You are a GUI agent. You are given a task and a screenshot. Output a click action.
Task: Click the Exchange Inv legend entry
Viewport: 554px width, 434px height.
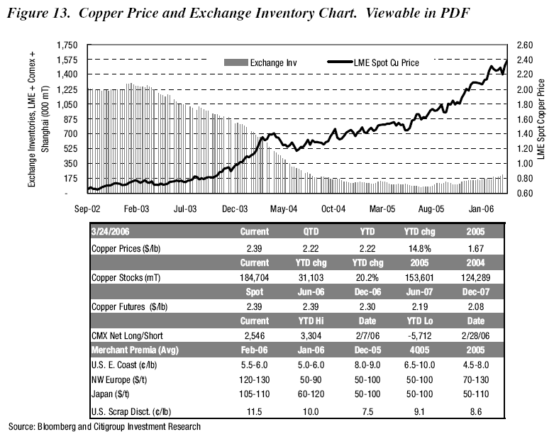point(272,62)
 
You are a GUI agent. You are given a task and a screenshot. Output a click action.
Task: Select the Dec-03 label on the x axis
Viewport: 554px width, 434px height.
point(235,209)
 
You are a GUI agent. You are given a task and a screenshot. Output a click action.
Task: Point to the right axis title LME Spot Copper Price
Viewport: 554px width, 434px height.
point(543,120)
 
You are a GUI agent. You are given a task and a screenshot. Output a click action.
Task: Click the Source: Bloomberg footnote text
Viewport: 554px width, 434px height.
point(104,427)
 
